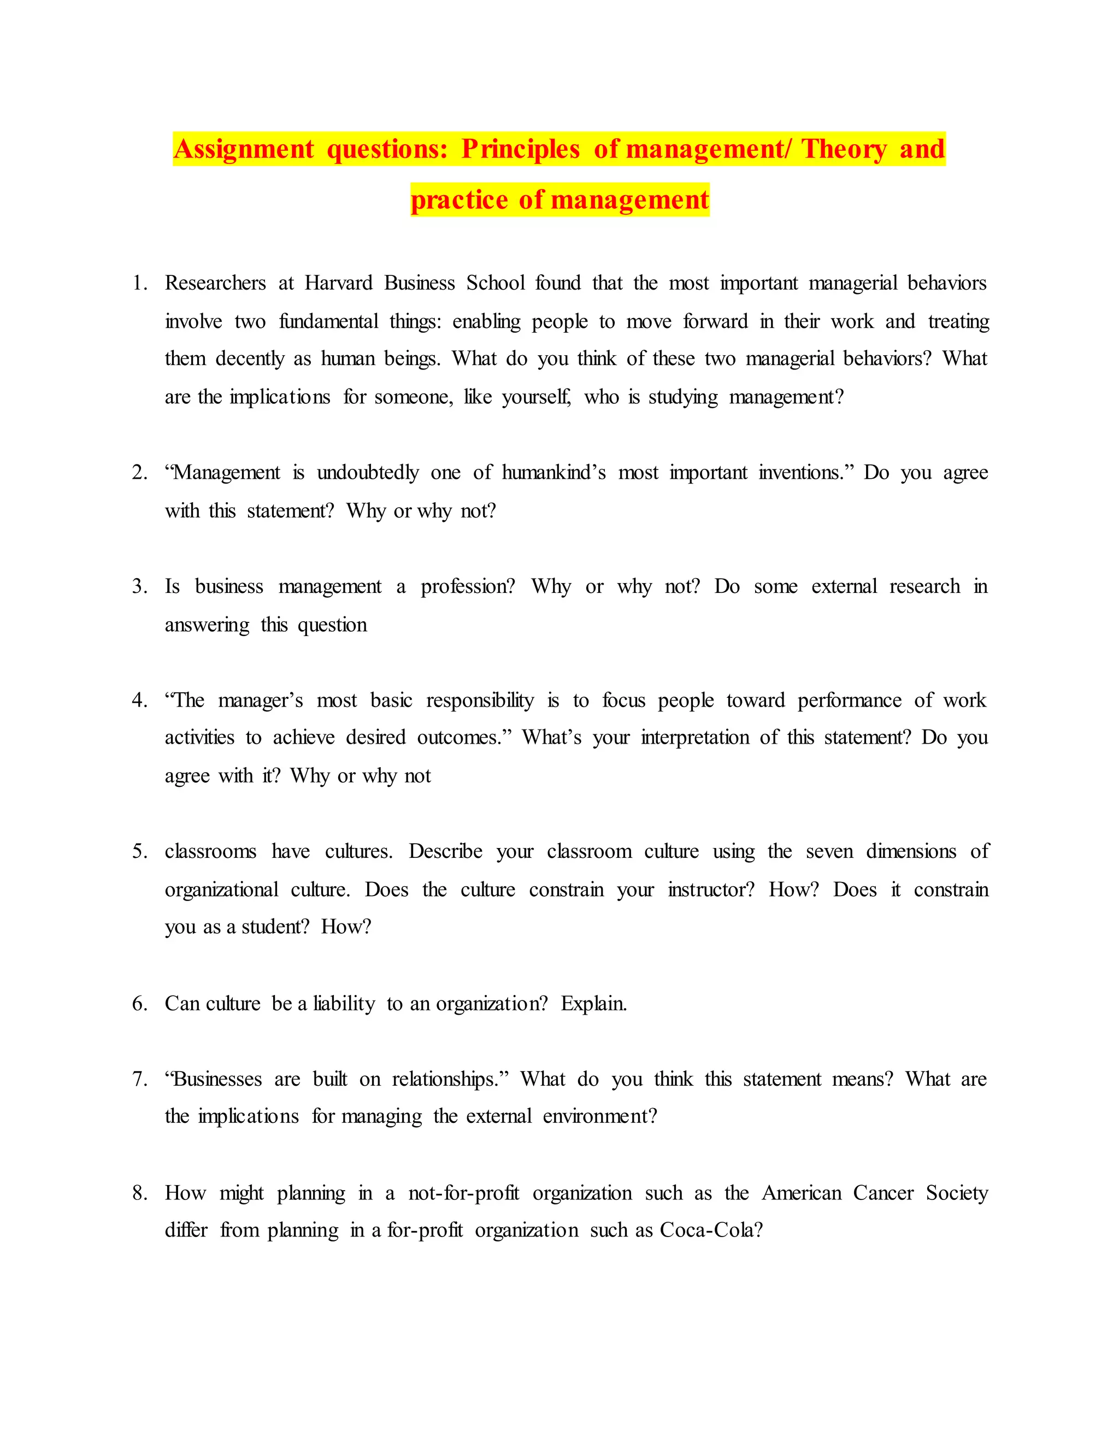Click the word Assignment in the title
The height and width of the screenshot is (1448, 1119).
tap(243, 149)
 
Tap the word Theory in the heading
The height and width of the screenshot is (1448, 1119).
tap(843, 149)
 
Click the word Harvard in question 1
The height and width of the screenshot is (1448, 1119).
tap(338, 283)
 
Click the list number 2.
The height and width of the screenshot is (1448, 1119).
tap(139, 473)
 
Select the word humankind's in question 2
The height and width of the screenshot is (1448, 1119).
tap(553, 473)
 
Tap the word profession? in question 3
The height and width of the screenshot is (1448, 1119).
tap(467, 587)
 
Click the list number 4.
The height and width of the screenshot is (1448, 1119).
tap(139, 700)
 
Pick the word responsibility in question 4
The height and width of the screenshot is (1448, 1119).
tap(479, 700)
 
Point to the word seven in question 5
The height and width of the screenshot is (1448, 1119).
tap(829, 851)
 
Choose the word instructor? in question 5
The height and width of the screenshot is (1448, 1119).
tap(711, 890)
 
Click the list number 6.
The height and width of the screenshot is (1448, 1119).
tap(139, 1004)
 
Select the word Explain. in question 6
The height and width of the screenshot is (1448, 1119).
tap(593, 1004)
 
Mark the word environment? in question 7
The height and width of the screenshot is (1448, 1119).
tap(600, 1116)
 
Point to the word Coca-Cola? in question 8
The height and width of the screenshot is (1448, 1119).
tap(711, 1231)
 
